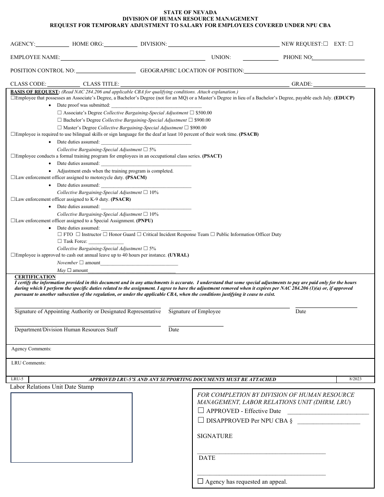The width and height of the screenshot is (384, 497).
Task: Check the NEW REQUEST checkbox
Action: pos(326,44)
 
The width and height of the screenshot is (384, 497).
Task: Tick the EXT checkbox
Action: pos(350,44)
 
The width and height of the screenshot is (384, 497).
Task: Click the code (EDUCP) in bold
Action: pos(344,98)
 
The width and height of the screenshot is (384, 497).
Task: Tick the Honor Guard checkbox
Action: pos(105,234)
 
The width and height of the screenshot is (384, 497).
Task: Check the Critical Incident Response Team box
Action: pos(139,234)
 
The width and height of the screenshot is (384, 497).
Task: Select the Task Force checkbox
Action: pos(60,241)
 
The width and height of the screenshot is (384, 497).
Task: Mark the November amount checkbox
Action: pos(81,263)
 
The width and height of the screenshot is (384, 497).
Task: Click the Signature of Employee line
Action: pos(229,308)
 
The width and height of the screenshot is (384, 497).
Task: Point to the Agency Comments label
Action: pos(31,349)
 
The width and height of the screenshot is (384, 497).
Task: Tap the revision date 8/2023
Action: pos(355,379)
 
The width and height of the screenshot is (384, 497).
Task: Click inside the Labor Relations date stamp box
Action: pos(71,428)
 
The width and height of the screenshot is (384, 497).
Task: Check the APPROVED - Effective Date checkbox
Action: pos(201,411)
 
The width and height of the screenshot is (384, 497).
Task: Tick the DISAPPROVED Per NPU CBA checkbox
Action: pos(201,420)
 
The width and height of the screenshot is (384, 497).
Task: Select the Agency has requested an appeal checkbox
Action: pos(200,481)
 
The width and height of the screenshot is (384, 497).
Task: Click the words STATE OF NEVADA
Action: pos(190,13)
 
